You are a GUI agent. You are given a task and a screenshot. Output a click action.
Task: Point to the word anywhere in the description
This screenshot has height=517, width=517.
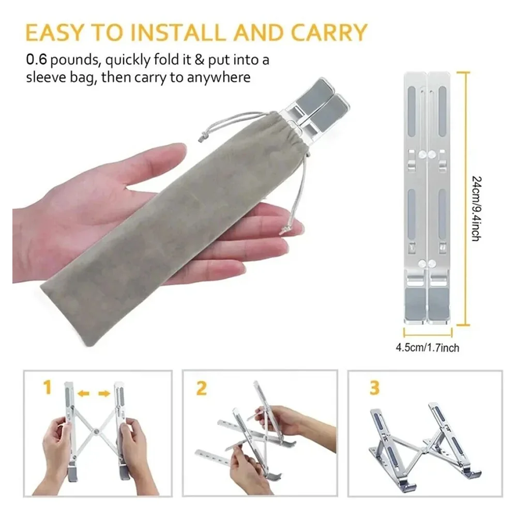tap(219, 78)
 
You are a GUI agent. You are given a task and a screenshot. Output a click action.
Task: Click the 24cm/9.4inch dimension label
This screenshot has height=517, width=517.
tap(477, 209)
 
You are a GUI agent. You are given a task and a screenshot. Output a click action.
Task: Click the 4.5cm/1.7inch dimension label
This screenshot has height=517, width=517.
tap(428, 348)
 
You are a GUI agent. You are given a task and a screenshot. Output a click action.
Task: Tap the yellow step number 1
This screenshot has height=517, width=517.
tap(48, 387)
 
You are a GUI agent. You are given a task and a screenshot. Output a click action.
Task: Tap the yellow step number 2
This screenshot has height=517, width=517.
tap(202, 388)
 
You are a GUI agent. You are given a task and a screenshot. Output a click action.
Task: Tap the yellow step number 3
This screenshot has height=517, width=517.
tap(375, 388)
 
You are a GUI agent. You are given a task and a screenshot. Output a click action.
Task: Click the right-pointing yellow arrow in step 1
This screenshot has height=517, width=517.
tap(104, 393)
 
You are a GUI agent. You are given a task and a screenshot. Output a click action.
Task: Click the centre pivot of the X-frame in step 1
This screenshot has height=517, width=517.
tap(96, 431)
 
